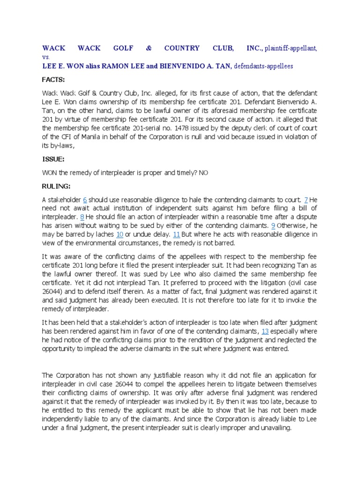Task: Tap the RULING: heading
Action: tap(56, 185)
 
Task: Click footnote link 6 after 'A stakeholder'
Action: tap(85, 200)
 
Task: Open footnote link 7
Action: tap(306, 200)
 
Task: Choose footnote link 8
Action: tap(82, 217)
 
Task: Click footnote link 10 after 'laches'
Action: tap(120, 234)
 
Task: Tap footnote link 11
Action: tap(177, 234)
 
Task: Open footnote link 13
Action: tap(265, 331)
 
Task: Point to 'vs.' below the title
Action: tap(46, 57)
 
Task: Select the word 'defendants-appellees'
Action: tap(263, 66)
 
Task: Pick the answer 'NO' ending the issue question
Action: tap(203, 172)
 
